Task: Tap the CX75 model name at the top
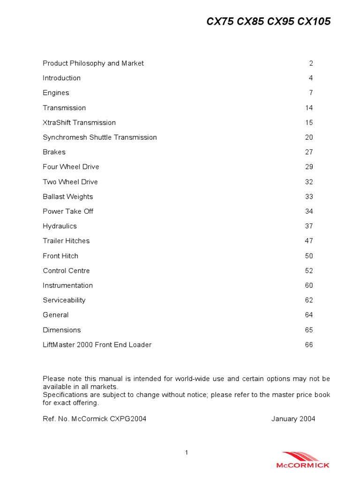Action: (x=220, y=22)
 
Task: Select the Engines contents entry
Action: (x=56, y=93)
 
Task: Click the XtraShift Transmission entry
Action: (x=79, y=122)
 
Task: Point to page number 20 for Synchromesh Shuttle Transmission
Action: (x=309, y=137)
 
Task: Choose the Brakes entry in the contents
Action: (x=54, y=152)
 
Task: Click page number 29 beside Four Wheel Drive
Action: (x=309, y=167)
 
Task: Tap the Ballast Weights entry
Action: (x=67, y=196)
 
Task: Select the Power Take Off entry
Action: (x=67, y=211)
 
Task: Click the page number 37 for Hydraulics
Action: (x=309, y=226)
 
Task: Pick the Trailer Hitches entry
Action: (x=66, y=241)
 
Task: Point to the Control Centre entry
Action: (x=66, y=270)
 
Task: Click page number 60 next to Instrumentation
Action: (x=309, y=285)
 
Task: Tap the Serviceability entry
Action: (x=64, y=300)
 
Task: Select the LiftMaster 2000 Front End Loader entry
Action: (x=97, y=345)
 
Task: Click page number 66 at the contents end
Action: (x=309, y=345)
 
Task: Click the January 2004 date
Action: (x=293, y=419)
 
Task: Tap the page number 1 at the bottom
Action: (x=187, y=452)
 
